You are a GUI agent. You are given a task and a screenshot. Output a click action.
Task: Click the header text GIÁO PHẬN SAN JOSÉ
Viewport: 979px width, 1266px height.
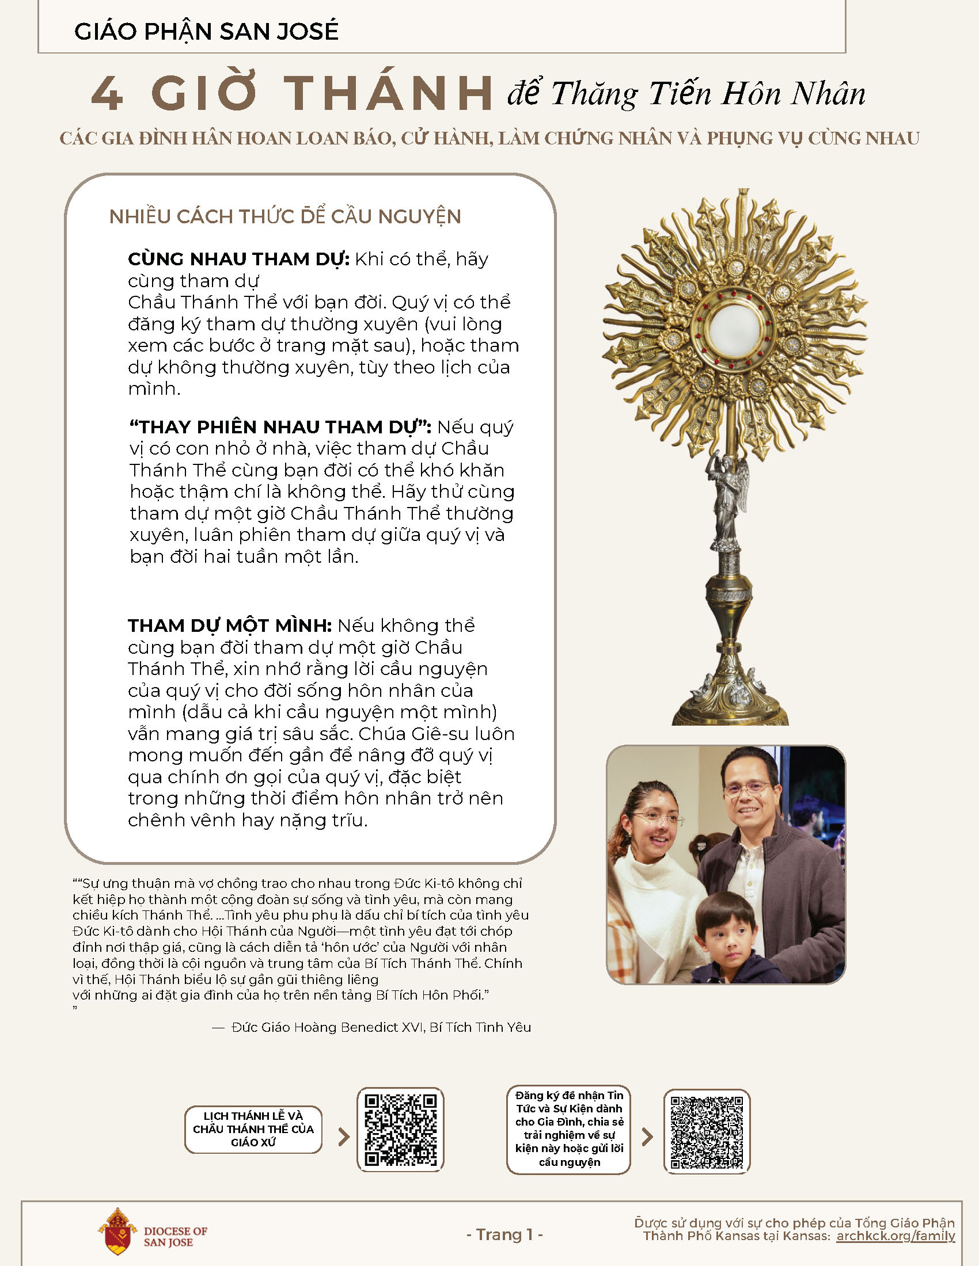(x=206, y=31)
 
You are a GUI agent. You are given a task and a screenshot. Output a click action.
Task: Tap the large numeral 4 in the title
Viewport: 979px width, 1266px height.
(x=108, y=94)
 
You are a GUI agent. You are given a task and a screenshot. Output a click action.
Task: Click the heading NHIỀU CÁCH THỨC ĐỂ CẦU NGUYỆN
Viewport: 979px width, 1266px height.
(x=284, y=217)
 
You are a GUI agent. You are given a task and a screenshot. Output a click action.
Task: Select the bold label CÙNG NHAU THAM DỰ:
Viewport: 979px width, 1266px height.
(x=238, y=259)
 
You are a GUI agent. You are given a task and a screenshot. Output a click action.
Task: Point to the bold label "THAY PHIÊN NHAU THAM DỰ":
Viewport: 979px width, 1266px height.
(x=280, y=427)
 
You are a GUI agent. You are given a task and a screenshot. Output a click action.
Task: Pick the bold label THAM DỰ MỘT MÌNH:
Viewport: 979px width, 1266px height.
(x=230, y=626)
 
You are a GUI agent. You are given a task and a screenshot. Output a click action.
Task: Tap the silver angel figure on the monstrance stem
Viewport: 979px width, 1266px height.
(x=730, y=498)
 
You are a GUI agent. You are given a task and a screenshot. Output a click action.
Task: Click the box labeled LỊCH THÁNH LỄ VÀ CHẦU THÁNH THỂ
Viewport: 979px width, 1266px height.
(x=253, y=1129)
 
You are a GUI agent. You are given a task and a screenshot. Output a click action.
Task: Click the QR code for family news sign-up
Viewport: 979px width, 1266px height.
(x=707, y=1131)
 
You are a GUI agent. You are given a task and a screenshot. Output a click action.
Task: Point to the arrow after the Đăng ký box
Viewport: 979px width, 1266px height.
(x=647, y=1137)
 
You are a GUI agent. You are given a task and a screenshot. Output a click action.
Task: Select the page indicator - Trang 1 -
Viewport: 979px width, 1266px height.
(x=504, y=1235)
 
